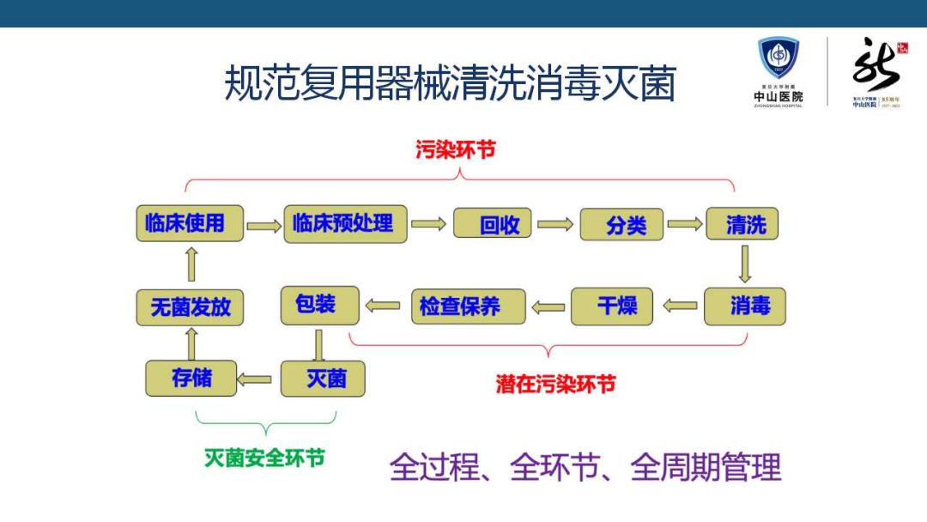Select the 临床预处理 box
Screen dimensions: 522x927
coord(345,223)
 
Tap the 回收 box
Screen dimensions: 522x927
coord(493,225)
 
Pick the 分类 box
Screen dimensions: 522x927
coord(622,225)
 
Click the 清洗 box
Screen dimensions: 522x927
coord(742,224)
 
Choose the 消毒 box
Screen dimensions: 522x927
coord(745,306)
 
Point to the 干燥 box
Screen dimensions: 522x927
coord(612,306)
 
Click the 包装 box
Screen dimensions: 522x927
coord(319,305)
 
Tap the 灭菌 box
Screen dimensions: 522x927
coord(323,379)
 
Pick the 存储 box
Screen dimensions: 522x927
coord(191,378)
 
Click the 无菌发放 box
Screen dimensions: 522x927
coord(190,307)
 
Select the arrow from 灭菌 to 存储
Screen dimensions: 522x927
coord(255,379)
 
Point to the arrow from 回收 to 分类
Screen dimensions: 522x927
coord(555,225)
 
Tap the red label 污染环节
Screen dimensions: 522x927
coord(456,149)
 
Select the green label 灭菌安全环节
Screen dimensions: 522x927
coord(264,458)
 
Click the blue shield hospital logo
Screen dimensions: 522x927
coord(779,58)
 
